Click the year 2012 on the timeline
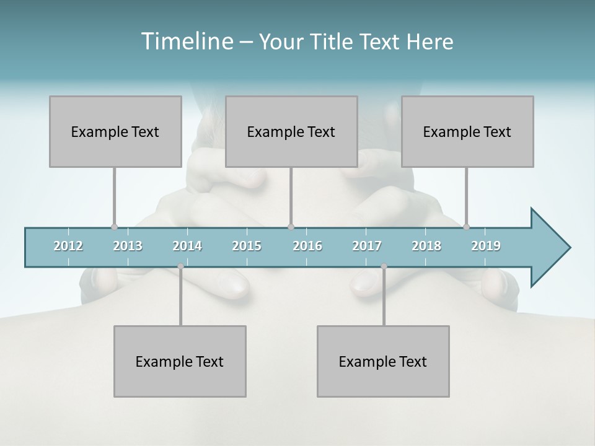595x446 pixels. point(68,246)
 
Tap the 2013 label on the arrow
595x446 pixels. point(128,246)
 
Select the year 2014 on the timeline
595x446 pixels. point(187,246)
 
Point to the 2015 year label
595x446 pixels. point(247,246)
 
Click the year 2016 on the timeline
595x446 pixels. point(307,246)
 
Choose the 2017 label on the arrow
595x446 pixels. point(367,246)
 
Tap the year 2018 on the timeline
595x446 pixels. point(426,246)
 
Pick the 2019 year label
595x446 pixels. point(486,246)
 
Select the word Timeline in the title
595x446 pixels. point(187,42)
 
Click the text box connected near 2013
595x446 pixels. point(115,131)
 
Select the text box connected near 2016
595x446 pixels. point(291,131)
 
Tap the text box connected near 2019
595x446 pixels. point(467,131)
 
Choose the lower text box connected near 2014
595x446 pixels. point(180,361)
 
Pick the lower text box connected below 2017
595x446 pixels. point(383,361)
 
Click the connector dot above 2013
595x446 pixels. point(114,227)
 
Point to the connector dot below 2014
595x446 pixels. point(180,266)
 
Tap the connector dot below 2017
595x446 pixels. point(384,266)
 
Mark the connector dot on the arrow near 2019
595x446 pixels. point(467,227)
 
